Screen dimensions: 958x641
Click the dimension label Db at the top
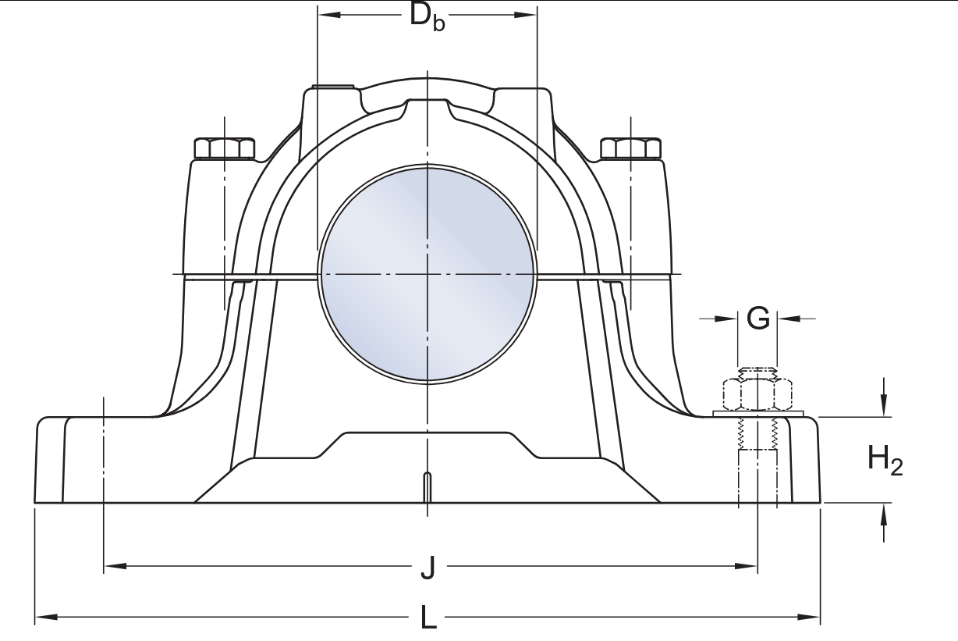[427, 17]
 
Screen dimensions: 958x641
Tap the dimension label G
[758, 319]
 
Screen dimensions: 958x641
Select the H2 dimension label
[885, 460]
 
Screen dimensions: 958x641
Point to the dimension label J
[428, 568]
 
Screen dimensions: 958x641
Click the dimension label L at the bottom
[428, 618]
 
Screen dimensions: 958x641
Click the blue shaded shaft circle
[428, 274]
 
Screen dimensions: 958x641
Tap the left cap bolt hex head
[225, 148]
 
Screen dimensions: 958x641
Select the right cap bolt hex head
[631, 148]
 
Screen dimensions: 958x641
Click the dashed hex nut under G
[758, 394]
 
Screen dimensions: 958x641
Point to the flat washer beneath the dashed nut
[758, 414]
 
